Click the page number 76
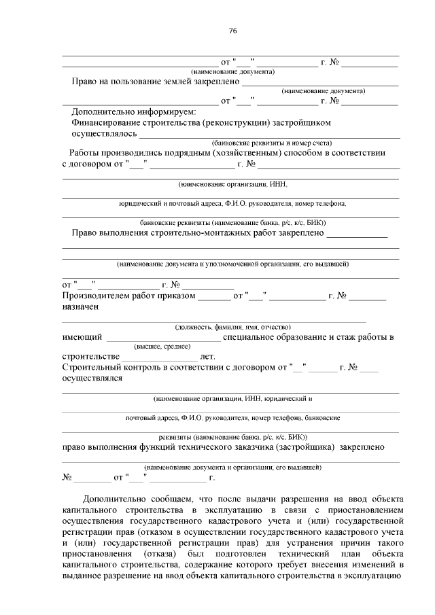tap(232, 31)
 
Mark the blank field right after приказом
tap(215, 297)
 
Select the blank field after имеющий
tap(163, 338)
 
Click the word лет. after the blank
tap(208, 356)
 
